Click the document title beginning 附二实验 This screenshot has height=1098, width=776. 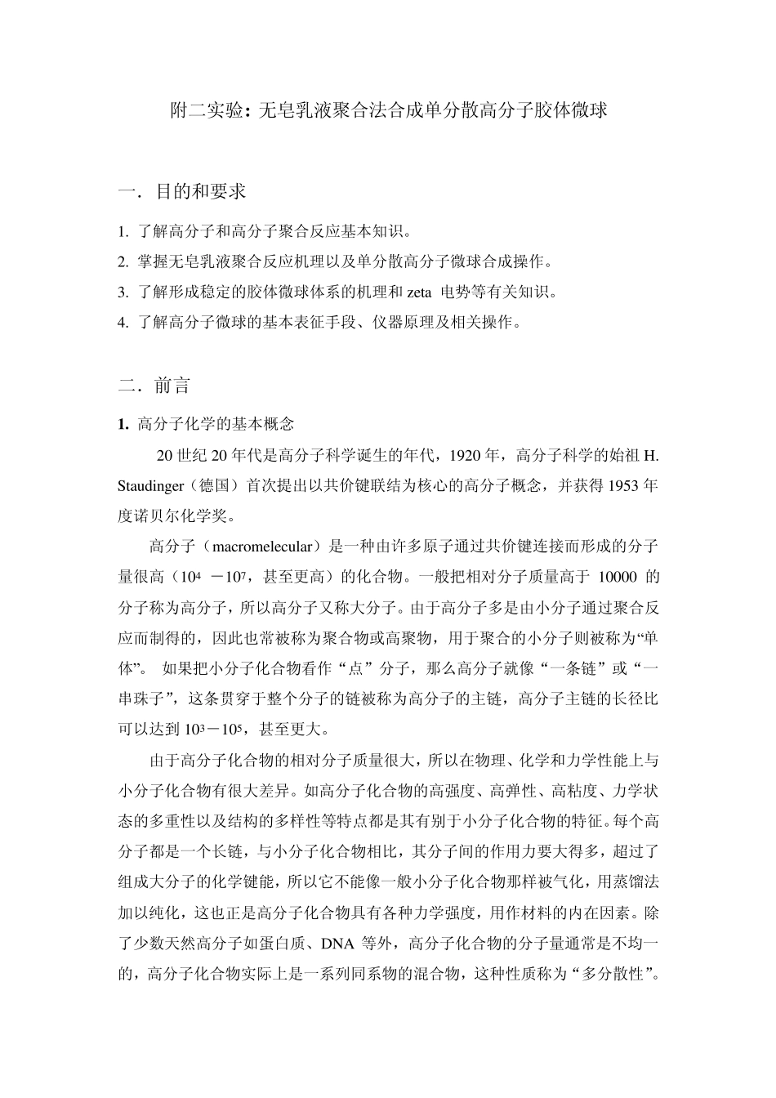pyautogui.click(x=388, y=111)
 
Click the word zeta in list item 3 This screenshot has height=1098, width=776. pyautogui.click(x=418, y=292)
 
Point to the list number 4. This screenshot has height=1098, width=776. pyautogui.click(x=123, y=322)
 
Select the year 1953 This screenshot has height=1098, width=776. pyautogui.click(x=622, y=485)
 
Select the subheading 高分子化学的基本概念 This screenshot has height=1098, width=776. pyautogui.click(x=216, y=424)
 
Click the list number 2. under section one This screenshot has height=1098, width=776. pyautogui.click(x=123, y=261)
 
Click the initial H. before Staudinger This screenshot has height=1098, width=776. pyautogui.click(x=651, y=455)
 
